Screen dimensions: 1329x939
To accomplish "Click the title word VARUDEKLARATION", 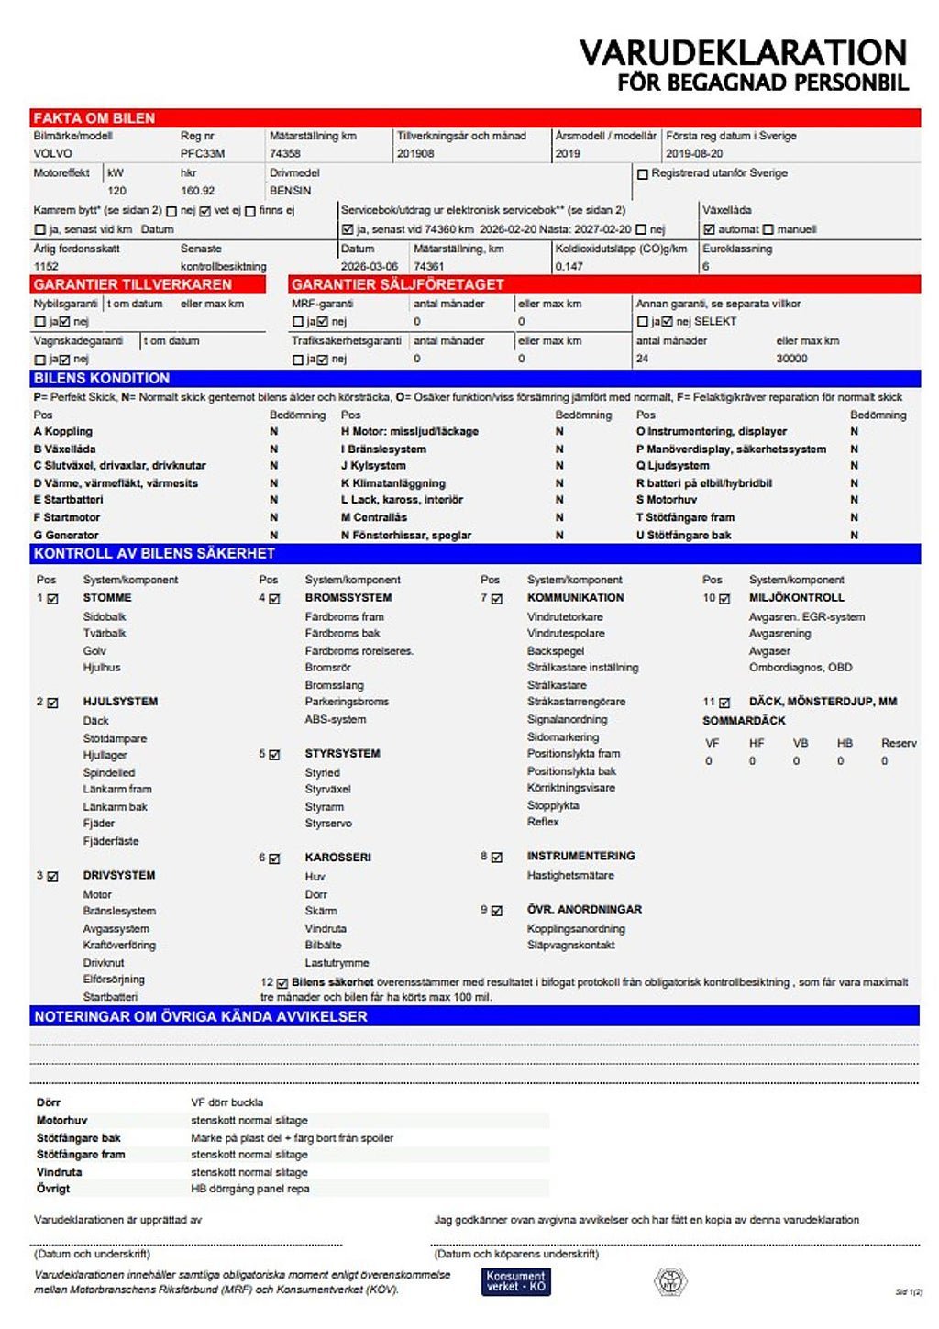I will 743,52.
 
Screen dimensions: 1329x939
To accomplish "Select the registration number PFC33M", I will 202,153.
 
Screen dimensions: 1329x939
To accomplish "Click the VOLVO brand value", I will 52,153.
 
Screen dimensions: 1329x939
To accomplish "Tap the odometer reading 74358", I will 285,153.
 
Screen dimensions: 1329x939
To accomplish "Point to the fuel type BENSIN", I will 290,191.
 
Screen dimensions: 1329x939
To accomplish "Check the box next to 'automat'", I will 709,229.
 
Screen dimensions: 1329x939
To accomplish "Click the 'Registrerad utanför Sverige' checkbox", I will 643,173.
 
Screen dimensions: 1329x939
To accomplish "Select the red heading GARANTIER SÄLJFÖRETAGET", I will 397,284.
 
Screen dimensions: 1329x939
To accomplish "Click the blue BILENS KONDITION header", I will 102,378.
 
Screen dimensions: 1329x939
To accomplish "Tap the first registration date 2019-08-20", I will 694,153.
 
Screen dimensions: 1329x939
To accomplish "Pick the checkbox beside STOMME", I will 53,599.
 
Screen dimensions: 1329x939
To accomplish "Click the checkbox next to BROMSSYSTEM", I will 274,599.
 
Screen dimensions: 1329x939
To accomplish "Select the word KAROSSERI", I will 337,858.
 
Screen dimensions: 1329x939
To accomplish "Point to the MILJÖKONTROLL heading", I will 796,597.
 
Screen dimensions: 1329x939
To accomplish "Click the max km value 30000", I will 791,359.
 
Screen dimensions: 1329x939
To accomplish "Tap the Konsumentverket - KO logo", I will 515,1281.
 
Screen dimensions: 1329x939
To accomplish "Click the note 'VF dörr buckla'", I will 226,1102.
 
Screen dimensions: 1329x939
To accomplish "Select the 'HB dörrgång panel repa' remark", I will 249,1189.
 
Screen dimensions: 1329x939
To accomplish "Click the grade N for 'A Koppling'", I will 273,431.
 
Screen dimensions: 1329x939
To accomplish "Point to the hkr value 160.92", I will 197,191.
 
